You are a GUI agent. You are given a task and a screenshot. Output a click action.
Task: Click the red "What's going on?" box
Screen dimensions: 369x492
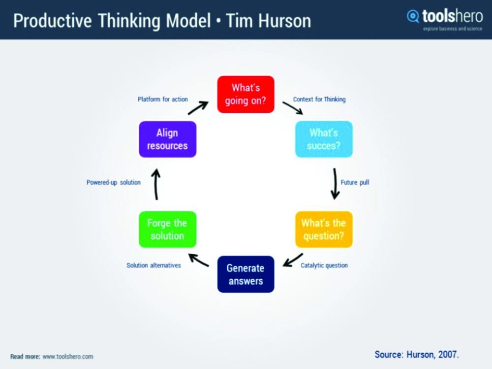pos(246,94)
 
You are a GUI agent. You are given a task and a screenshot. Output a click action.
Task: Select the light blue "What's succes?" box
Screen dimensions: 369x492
pos(324,139)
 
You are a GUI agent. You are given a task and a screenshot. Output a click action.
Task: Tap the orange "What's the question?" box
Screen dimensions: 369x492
pos(324,229)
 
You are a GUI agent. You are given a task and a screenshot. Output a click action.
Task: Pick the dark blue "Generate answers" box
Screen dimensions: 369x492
pos(246,274)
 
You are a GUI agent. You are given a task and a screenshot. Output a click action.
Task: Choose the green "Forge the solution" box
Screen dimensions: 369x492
pos(167,229)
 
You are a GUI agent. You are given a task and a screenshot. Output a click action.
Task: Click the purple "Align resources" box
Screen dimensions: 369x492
pos(167,139)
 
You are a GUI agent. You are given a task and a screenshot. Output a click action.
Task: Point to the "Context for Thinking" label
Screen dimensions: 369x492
pos(319,100)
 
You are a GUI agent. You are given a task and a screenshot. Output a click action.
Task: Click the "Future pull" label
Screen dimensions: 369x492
pos(355,182)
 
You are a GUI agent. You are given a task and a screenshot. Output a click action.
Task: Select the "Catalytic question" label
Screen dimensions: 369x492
pos(324,266)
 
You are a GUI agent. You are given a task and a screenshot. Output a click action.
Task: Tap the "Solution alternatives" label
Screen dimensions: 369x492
pos(154,266)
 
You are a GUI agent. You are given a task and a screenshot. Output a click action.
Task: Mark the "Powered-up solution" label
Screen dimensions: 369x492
pos(114,182)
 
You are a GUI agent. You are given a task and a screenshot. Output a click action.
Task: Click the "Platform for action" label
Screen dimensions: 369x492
pos(162,100)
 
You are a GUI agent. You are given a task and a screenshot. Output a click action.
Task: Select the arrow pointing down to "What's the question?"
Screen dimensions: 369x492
pos(335,184)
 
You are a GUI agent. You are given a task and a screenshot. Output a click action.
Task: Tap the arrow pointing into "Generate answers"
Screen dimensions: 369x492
pos(293,260)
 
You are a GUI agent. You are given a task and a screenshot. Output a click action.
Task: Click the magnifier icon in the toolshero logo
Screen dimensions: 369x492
pos(413,16)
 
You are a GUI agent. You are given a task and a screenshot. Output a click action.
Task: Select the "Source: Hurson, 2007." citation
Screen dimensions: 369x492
pos(417,354)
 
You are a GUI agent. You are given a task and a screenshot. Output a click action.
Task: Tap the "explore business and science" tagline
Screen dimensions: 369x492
pos(453,29)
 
